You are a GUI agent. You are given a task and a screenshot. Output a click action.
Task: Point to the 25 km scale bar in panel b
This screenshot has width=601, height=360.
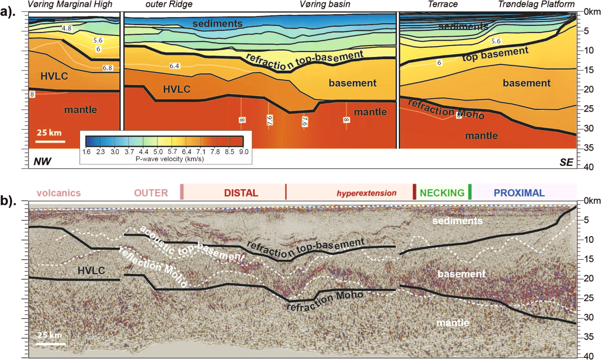pyautogui.click(x=50, y=343)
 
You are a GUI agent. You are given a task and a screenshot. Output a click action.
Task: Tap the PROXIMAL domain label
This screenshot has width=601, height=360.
pyautogui.click(x=519, y=193)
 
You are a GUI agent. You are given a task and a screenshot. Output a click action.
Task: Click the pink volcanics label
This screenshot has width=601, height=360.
pyautogui.click(x=59, y=193)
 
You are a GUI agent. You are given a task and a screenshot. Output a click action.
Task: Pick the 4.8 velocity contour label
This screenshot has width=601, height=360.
pyautogui.click(x=66, y=29)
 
